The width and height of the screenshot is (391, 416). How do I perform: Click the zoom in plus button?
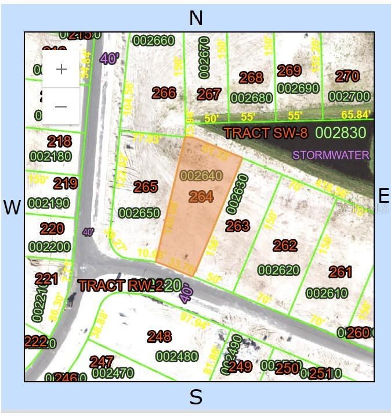(x=61, y=69)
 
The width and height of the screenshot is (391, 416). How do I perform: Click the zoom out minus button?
(x=61, y=106)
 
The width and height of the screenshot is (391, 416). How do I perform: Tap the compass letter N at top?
(x=196, y=18)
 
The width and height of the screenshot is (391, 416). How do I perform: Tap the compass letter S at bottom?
(x=196, y=397)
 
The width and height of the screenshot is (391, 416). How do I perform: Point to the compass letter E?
(x=383, y=195)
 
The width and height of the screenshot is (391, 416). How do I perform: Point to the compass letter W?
(x=12, y=207)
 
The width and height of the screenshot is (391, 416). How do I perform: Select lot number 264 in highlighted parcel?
(x=201, y=197)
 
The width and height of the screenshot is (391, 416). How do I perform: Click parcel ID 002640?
(x=201, y=175)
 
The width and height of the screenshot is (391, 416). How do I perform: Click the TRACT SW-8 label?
(x=265, y=133)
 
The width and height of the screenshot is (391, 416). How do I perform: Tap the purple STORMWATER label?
(x=331, y=155)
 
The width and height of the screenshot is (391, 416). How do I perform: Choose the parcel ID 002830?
(x=341, y=133)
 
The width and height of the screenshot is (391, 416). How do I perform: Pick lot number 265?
(x=146, y=187)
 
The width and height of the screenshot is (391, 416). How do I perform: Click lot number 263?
(x=237, y=225)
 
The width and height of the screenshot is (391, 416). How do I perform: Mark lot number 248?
(x=159, y=336)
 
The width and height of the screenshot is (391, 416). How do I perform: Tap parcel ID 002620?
(x=279, y=270)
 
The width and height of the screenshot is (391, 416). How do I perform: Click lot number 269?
(x=289, y=71)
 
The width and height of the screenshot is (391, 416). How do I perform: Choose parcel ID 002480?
(x=177, y=356)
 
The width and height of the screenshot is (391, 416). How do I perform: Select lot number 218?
(x=59, y=141)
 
